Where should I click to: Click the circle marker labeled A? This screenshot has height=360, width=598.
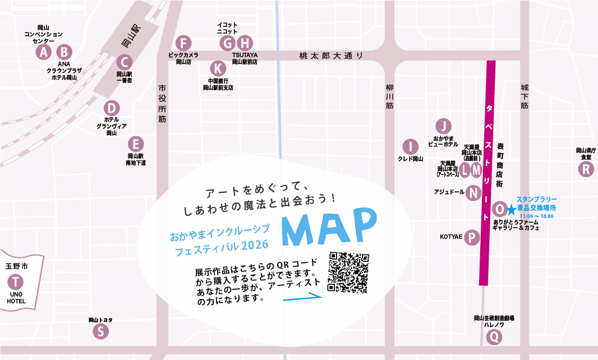tap(43, 52)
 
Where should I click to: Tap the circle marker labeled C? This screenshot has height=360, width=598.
tap(125, 62)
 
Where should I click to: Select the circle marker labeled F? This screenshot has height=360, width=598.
tap(183, 43)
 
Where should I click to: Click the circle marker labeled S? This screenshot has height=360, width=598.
tap(100, 331)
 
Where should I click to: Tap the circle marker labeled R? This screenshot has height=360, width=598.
tap(586, 169)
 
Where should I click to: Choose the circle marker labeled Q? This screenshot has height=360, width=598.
tap(494, 337)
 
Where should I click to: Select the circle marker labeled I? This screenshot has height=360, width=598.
tap(411, 147)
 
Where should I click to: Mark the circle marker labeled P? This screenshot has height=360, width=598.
tap(472, 238)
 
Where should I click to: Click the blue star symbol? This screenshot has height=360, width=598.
tap(512, 210)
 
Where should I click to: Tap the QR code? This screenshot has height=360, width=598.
tap(348, 273)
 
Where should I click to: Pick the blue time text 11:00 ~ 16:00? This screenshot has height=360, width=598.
tap(537, 216)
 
